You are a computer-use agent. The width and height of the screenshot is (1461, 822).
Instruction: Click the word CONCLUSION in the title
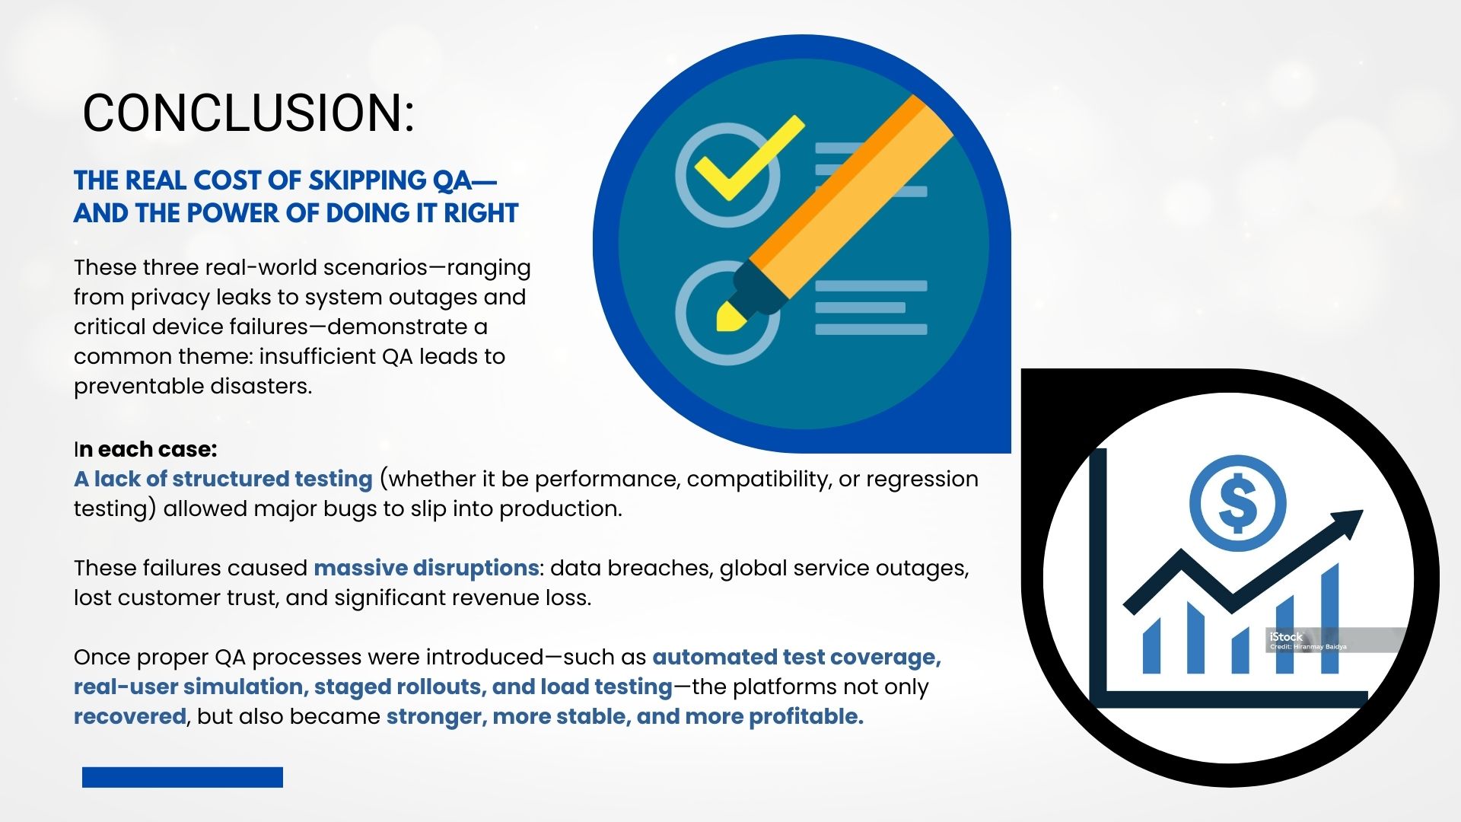[243, 113]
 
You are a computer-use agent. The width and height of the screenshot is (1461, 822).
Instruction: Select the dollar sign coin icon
[1237, 503]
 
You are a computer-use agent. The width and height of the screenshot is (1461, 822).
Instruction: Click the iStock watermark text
[1286, 637]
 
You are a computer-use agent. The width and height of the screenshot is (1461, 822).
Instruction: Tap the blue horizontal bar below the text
[183, 777]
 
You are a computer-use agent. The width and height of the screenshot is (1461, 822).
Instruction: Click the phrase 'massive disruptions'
[426, 568]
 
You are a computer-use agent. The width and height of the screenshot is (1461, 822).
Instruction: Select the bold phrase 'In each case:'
[145, 449]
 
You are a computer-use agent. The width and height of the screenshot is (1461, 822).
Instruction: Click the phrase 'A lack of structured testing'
[223, 479]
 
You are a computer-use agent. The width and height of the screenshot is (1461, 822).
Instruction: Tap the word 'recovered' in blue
[130, 716]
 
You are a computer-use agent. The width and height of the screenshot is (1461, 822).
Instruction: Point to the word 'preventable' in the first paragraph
[139, 386]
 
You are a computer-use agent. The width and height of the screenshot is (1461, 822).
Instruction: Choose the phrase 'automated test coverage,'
[797, 657]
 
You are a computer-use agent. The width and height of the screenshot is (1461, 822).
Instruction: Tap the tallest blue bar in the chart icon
[1330, 618]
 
